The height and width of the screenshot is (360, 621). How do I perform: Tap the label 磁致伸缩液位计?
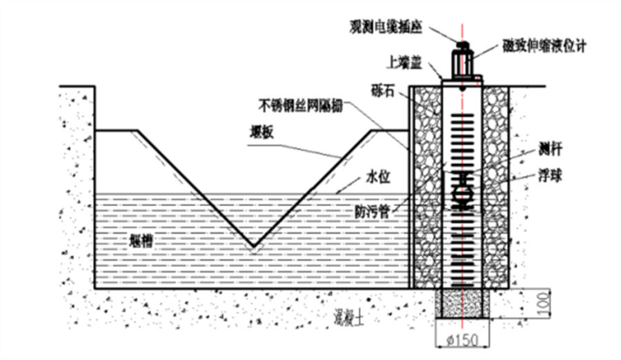click(546, 46)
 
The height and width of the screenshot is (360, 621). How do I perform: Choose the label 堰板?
click(262, 133)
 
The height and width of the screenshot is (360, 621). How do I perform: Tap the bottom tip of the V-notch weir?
click(253, 246)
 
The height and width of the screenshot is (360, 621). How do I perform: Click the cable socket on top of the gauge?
click(462, 46)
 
